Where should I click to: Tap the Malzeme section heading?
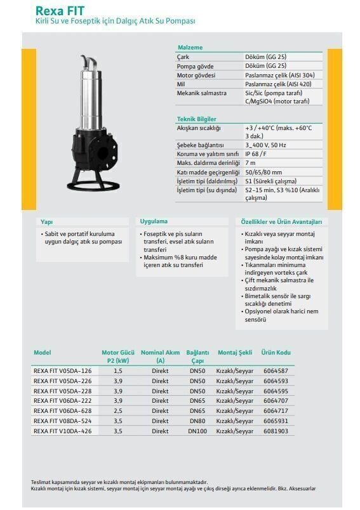[x=189, y=47]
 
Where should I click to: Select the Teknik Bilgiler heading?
[x=196, y=119]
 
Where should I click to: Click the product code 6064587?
[x=276, y=370]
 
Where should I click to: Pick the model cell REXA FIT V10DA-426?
[x=62, y=431]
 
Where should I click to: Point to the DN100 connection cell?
[x=197, y=431]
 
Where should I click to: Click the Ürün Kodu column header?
[x=276, y=353]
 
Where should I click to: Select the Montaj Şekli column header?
[x=235, y=353]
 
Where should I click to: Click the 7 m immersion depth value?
[x=250, y=163]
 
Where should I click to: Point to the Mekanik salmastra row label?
[x=201, y=93]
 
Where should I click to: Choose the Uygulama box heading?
[x=154, y=221]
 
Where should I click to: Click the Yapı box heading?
[x=46, y=222]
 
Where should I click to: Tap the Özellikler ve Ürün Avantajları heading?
[x=281, y=222]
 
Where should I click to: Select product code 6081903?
[x=276, y=431]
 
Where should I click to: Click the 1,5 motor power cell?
[x=117, y=370]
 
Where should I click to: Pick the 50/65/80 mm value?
[x=263, y=172]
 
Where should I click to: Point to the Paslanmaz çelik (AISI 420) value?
[x=279, y=84]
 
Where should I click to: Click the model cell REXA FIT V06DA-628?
[x=62, y=410]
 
